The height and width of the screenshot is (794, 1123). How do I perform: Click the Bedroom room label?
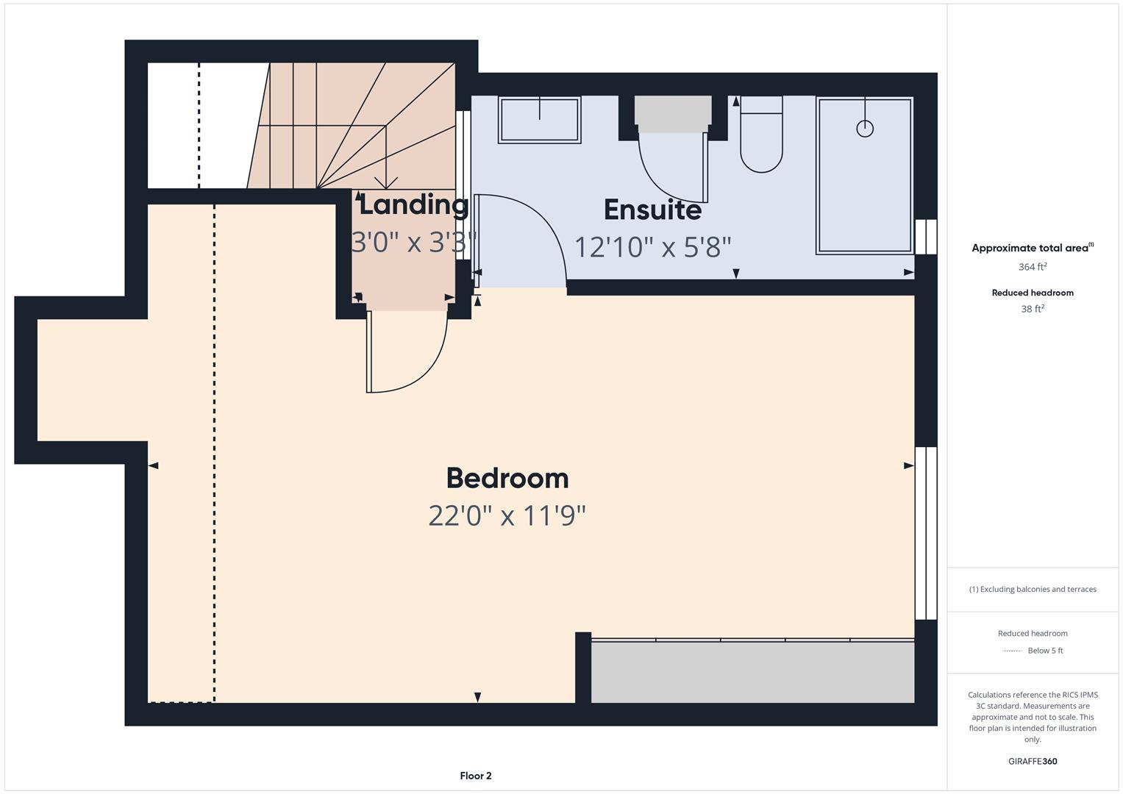[x=507, y=478]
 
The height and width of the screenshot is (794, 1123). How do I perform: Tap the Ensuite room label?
[x=652, y=210]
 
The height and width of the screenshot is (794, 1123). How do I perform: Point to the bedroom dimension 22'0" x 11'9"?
[x=507, y=516]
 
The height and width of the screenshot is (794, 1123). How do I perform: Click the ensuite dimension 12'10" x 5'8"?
[x=652, y=247]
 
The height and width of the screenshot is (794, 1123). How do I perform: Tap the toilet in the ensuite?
[x=761, y=135]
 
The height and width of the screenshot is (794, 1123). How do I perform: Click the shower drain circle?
[x=865, y=129]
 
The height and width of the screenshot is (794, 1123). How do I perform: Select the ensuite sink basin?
[x=540, y=121]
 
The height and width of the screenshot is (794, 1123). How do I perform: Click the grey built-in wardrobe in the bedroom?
[x=752, y=672]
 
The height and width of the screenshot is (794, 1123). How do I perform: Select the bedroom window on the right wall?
[x=926, y=533]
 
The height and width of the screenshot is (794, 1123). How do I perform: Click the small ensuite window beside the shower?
[x=926, y=237]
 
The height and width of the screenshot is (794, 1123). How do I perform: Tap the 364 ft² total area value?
[x=1033, y=267]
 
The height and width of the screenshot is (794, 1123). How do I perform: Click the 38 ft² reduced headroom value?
[x=1033, y=309]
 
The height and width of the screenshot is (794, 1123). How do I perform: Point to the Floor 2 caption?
[x=476, y=776]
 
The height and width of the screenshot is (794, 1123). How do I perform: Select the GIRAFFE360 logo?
[x=1033, y=761]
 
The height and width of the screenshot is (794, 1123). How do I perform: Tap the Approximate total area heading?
[x=1033, y=248]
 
